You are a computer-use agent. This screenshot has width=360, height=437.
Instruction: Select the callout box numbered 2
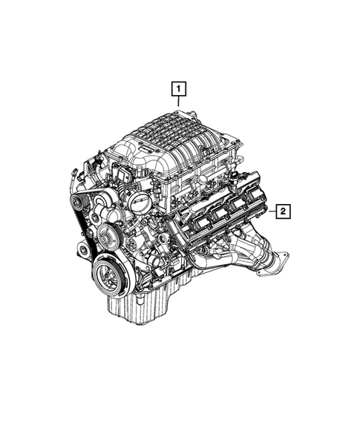(x=283, y=211)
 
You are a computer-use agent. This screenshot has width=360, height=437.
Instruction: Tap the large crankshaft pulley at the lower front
(x=108, y=276)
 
